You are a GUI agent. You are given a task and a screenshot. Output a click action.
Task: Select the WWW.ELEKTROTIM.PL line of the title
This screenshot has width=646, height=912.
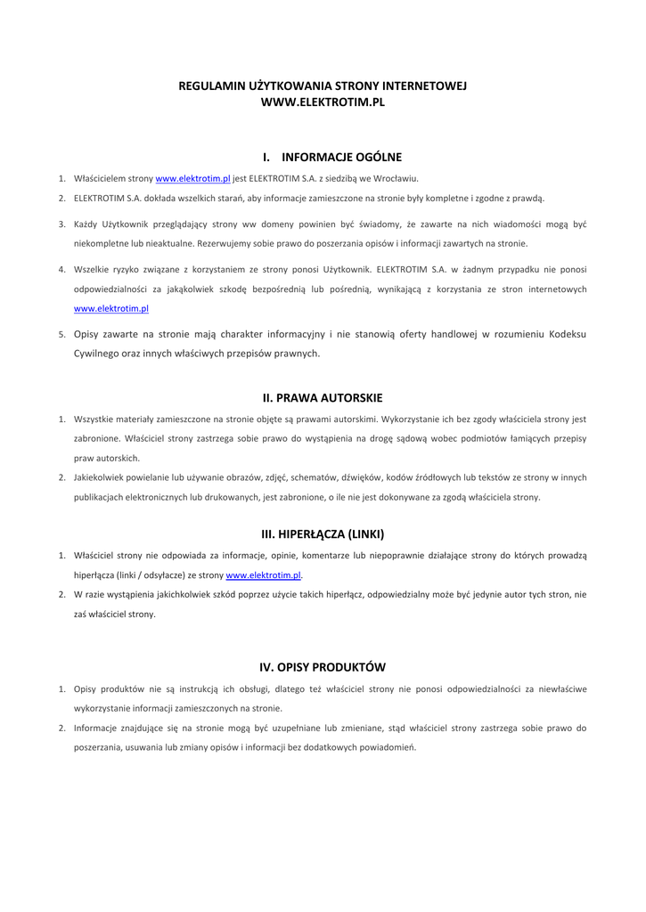click(x=323, y=102)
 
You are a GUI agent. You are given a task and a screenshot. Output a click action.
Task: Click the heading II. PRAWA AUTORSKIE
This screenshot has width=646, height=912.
click(x=323, y=397)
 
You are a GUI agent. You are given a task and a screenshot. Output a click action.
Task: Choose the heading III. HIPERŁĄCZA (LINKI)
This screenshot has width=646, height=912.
click(x=323, y=534)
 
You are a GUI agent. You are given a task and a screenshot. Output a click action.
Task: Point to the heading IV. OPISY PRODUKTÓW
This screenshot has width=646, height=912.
click(x=323, y=667)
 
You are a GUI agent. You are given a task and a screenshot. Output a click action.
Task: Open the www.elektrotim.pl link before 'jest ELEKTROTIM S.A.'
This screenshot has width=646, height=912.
click(x=193, y=178)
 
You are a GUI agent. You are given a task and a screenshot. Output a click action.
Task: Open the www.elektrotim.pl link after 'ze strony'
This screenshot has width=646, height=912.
click(x=264, y=575)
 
